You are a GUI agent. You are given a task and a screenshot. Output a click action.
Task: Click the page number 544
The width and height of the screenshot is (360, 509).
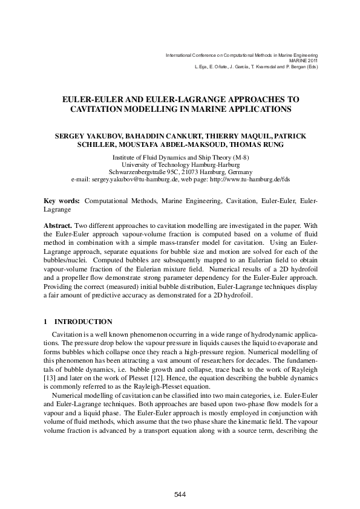180,494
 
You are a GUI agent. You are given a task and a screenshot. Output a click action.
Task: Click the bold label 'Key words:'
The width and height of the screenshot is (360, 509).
62,199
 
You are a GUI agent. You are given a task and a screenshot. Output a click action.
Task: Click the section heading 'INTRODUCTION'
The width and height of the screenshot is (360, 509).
83,321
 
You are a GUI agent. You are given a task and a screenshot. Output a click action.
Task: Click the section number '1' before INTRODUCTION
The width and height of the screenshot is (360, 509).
47,321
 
